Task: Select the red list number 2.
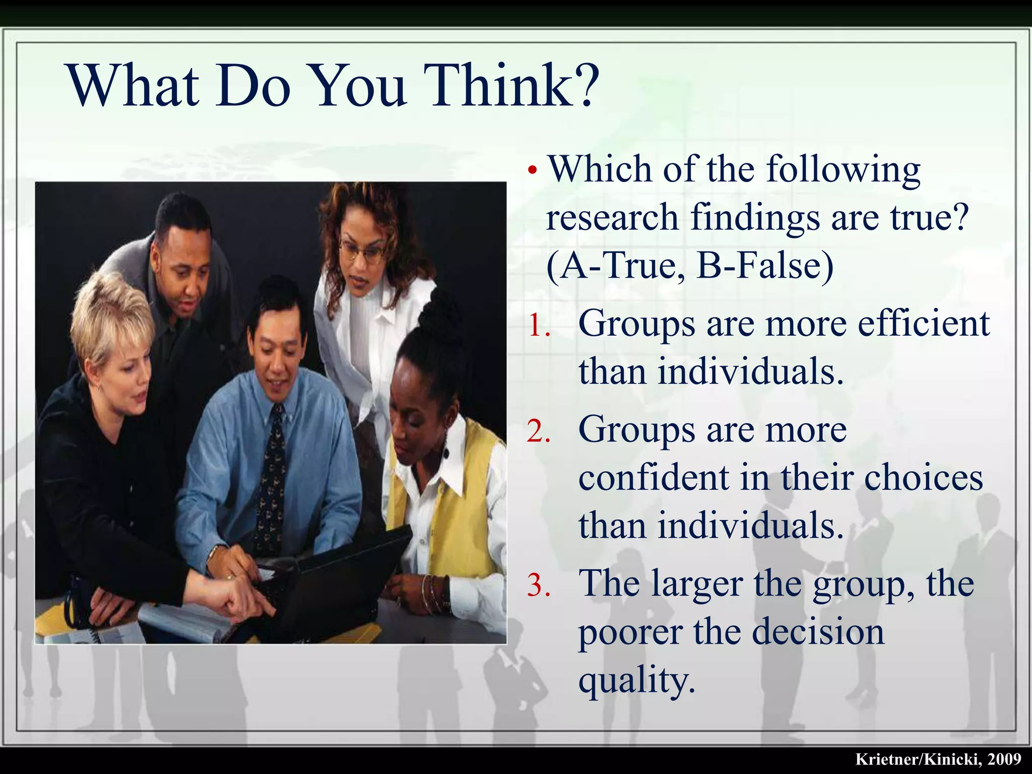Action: [539, 432]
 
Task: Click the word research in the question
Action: [612, 218]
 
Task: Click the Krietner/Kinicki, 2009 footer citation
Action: [938, 759]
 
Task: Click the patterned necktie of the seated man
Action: [271, 479]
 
